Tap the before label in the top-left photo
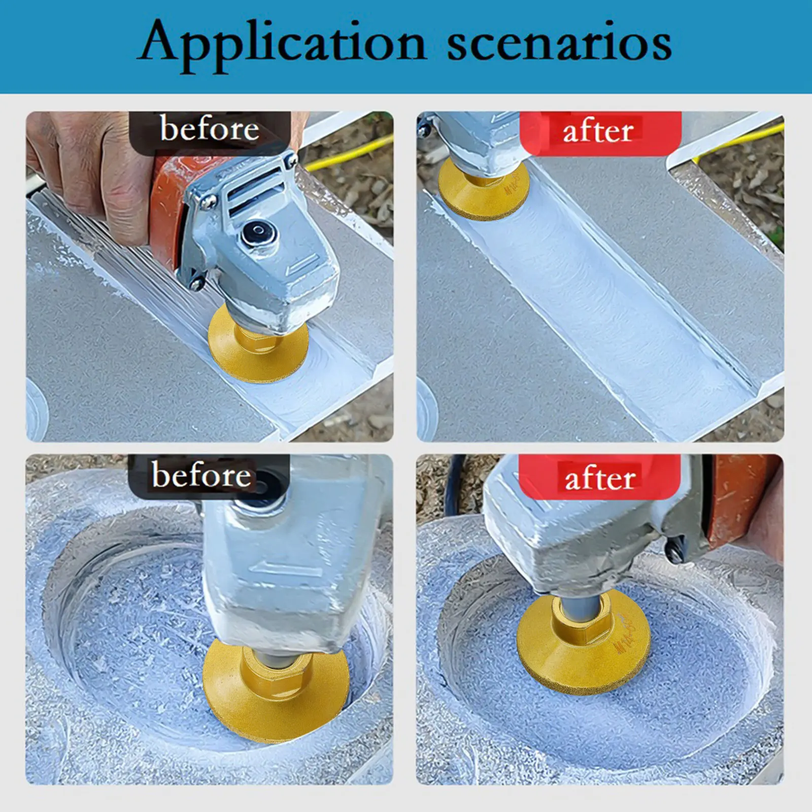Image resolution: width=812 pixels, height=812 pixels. pos(209,129)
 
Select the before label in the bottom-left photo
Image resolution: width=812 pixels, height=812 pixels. pos(201,476)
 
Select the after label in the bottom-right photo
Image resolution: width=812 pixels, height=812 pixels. pos(599,479)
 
